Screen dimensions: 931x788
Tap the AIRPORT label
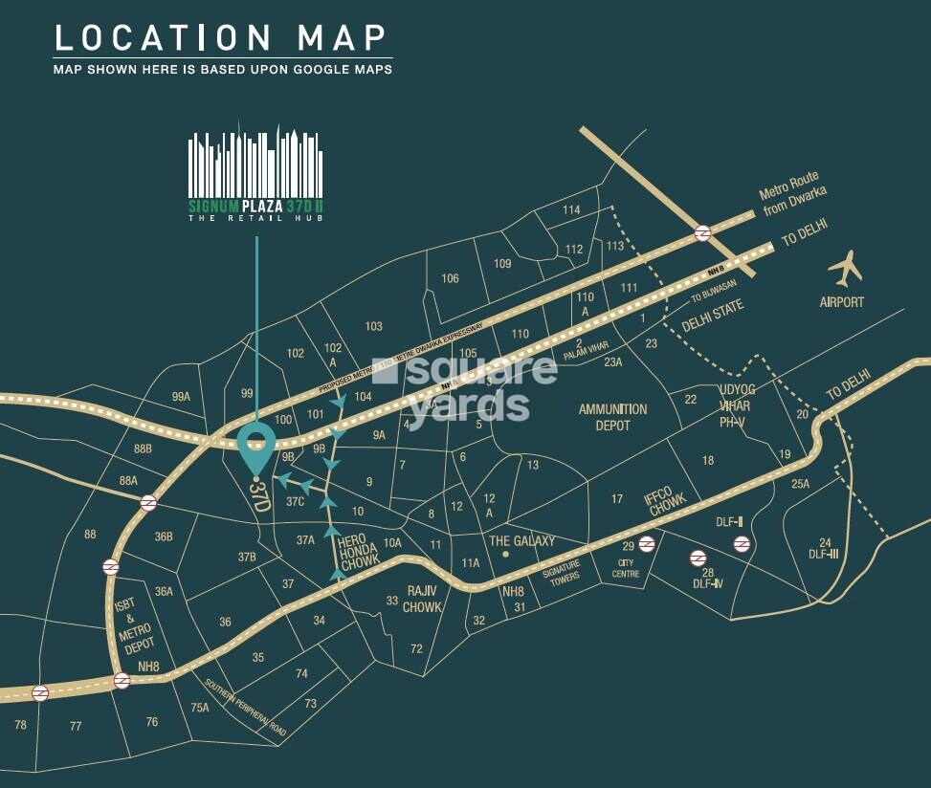pos(841,302)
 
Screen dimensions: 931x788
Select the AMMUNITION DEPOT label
pos(612,416)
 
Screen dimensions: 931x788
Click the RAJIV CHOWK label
pos(422,599)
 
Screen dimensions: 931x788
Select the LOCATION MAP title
pos(221,38)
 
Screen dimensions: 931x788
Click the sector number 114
pos(571,210)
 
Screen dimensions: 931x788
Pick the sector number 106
pos(450,278)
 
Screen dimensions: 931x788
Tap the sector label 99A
pos(182,397)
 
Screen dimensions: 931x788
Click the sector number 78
pos(20,725)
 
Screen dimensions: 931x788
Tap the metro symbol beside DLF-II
pos(742,544)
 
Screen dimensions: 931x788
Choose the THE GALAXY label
pos(521,540)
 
